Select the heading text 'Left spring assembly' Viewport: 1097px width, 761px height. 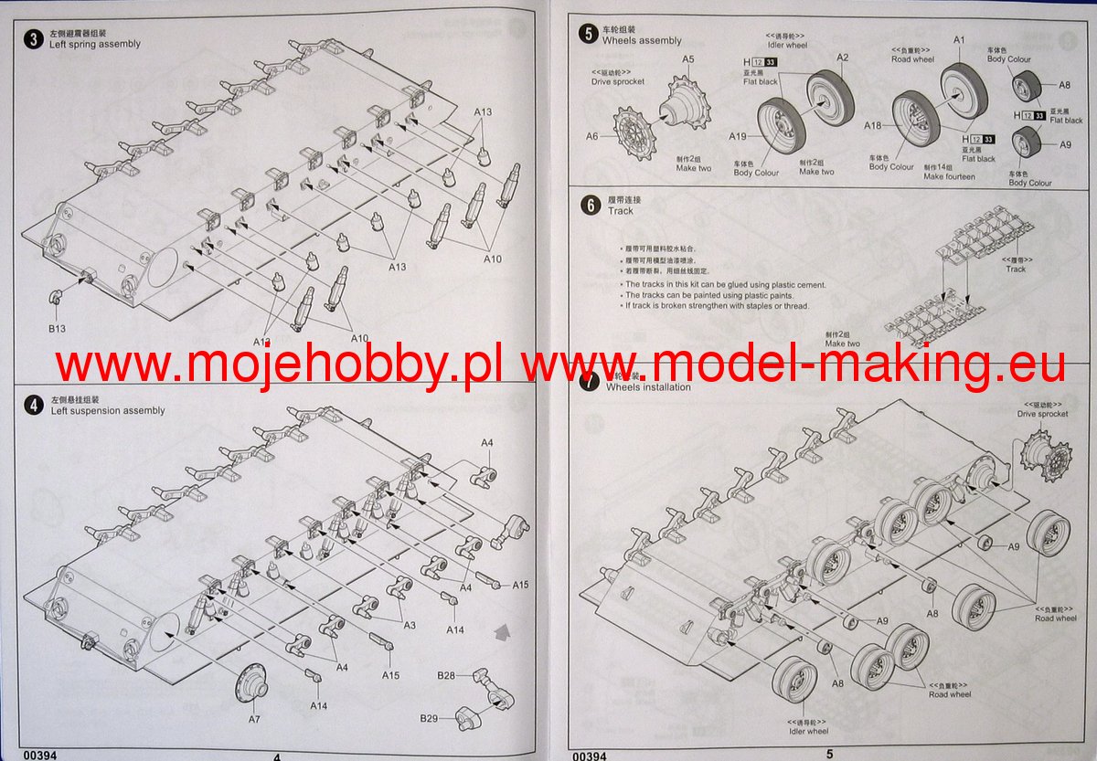point(95,44)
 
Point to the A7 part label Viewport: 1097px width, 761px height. point(254,719)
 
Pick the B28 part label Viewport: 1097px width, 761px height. point(446,675)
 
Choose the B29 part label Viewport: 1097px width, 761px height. point(430,718)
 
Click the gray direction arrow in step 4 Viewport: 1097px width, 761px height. point(502,629)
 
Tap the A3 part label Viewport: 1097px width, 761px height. point(410,625)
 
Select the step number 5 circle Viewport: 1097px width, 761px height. point(588,35)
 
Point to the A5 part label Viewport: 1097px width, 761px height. point(688,59)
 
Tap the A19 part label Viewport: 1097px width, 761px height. point(738,136)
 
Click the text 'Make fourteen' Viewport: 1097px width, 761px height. point(949,176)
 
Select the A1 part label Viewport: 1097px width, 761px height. point(959,40)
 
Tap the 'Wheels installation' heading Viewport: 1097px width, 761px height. point(648,387)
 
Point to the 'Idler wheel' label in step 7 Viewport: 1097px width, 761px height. point(809,731)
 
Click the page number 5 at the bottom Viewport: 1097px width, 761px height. point(830,754)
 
